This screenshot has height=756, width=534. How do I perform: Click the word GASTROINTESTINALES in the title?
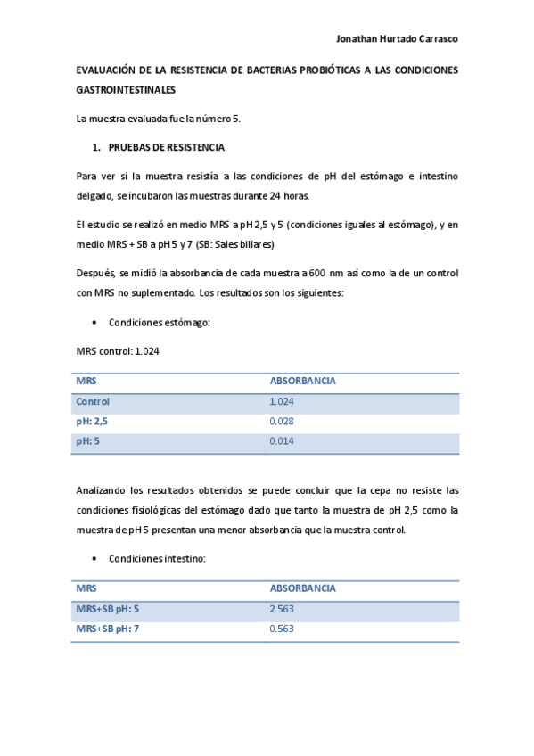point(126,90)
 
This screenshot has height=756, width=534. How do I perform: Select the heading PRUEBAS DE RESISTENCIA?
point(166,147)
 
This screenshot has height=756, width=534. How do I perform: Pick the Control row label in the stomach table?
point(93,401)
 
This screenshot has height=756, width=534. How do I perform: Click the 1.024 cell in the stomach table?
point(282,401)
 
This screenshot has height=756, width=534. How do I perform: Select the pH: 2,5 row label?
point(92,421)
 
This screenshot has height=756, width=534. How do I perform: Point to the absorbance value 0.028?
point(282,421)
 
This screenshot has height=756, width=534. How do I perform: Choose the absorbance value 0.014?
point(282,440)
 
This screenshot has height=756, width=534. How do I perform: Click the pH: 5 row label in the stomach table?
point(88,440)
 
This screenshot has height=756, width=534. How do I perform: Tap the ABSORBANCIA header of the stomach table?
point(302,381)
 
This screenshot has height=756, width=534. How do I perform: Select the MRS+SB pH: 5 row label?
point(108,609)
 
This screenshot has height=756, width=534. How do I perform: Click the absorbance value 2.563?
point(282,609)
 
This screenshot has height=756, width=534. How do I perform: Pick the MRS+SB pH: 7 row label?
point(108,629)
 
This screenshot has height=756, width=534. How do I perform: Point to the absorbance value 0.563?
point(282,629)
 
